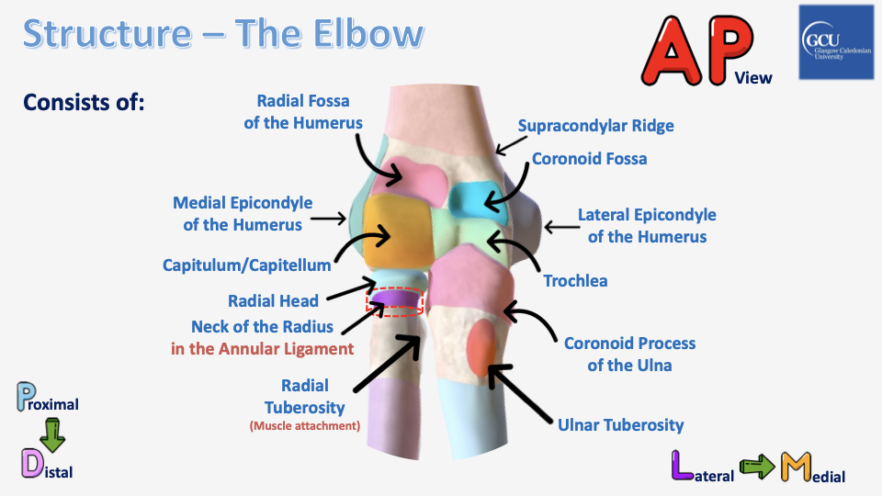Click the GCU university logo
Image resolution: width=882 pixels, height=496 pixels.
point(836,42)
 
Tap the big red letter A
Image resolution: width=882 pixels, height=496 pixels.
point(672,51)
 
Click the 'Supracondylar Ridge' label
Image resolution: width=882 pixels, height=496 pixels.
point(595,126)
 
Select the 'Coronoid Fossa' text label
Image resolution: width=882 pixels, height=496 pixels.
point(590,159)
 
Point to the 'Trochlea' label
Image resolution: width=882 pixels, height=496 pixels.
point(575,281)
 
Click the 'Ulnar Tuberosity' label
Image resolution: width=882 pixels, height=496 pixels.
point(620,425)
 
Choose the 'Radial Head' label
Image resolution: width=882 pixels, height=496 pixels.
point(274,301)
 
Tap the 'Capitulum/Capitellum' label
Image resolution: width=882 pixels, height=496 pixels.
point(247,265)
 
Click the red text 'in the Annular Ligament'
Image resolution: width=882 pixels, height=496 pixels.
point(263,349)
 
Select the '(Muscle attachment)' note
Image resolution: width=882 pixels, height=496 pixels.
point(305,425)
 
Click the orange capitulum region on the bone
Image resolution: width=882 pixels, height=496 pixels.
point(397,231)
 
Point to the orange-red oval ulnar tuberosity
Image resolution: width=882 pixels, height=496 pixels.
point(481,347)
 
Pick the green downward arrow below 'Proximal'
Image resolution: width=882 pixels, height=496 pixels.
point(52,434)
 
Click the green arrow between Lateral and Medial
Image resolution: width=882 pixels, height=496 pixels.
point(757,468)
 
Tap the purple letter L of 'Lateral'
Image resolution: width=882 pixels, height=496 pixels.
point(683,466)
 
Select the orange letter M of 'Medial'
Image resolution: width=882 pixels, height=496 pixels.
point(796,467)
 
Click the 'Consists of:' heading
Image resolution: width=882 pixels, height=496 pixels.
point(84,102)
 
